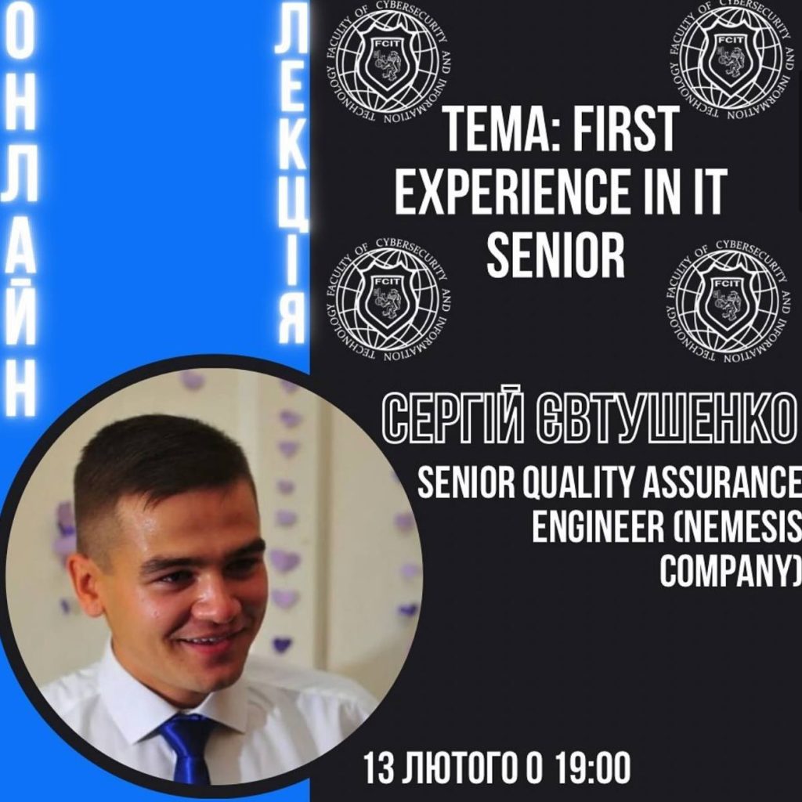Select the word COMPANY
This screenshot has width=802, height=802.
tap(730, 571)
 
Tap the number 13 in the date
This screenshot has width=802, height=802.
tap(378, 768)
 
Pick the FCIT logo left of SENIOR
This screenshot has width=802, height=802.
tap(388, 299)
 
